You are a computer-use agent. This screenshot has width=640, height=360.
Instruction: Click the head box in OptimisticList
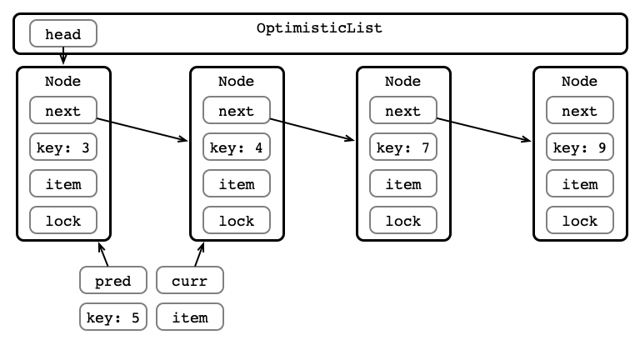tap(63, 33)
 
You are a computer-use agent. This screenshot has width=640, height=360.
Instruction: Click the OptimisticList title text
tap(320, 28)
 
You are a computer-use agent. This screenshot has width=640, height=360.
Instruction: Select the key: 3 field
tap(63, 147)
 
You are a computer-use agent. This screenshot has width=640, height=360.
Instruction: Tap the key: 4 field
tap(237, 147)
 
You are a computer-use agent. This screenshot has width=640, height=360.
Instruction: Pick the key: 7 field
tap(403, 147)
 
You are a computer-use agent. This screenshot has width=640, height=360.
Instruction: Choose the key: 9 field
tap(580, 147)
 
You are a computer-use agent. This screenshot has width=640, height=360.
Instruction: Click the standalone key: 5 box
tap(113, 317)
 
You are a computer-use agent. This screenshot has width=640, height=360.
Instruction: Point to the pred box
tap(113, 280)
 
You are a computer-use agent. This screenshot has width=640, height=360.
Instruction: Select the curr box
tap(190, 280)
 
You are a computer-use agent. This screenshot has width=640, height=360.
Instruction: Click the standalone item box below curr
tap(190, 317)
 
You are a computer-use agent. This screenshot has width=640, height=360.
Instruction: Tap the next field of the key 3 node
tap(63, 110)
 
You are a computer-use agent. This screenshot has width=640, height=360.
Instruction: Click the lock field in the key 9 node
tap(580, 220)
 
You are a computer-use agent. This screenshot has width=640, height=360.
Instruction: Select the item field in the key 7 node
tap(403, 183)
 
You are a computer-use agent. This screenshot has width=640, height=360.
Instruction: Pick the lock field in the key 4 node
tap(237, 220)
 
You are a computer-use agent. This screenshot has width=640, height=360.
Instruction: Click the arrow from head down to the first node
tap(63, 56)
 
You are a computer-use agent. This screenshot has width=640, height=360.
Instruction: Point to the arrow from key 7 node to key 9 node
tap(484, 130)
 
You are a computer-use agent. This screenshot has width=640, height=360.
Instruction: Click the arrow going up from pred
tap(103, 254)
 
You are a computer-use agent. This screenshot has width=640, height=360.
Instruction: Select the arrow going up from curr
tap(200, 254)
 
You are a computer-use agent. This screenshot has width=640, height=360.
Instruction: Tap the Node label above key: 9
tap(580, 81)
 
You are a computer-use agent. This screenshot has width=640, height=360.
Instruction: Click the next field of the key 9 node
tap(580, 110)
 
